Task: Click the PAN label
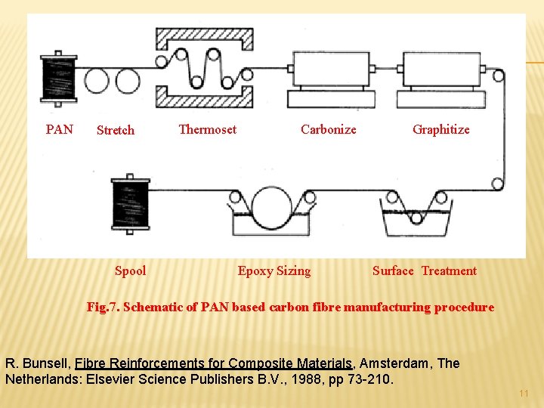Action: coord(60,129)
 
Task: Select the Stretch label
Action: coord(116,130)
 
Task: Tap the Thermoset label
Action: coord(207,129)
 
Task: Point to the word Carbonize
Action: coord(328,129)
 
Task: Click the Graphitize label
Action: coord(440,129)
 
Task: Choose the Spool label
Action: coord(131,270)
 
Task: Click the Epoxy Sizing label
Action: coord(274,270)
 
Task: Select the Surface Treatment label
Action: coord(425,270)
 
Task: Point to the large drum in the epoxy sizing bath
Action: coord(274,208)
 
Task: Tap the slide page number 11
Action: coord(524,394)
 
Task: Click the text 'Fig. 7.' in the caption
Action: coord(103,307)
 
